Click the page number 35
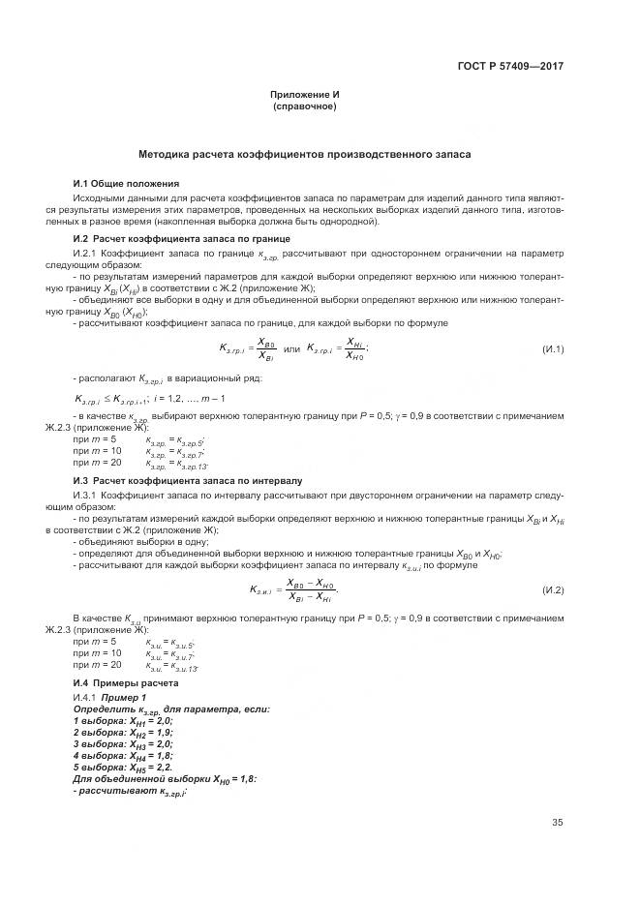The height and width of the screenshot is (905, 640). click(558, 824)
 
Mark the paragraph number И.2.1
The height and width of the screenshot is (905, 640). click(87, 253)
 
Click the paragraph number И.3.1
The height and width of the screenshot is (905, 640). click(87, 495)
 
